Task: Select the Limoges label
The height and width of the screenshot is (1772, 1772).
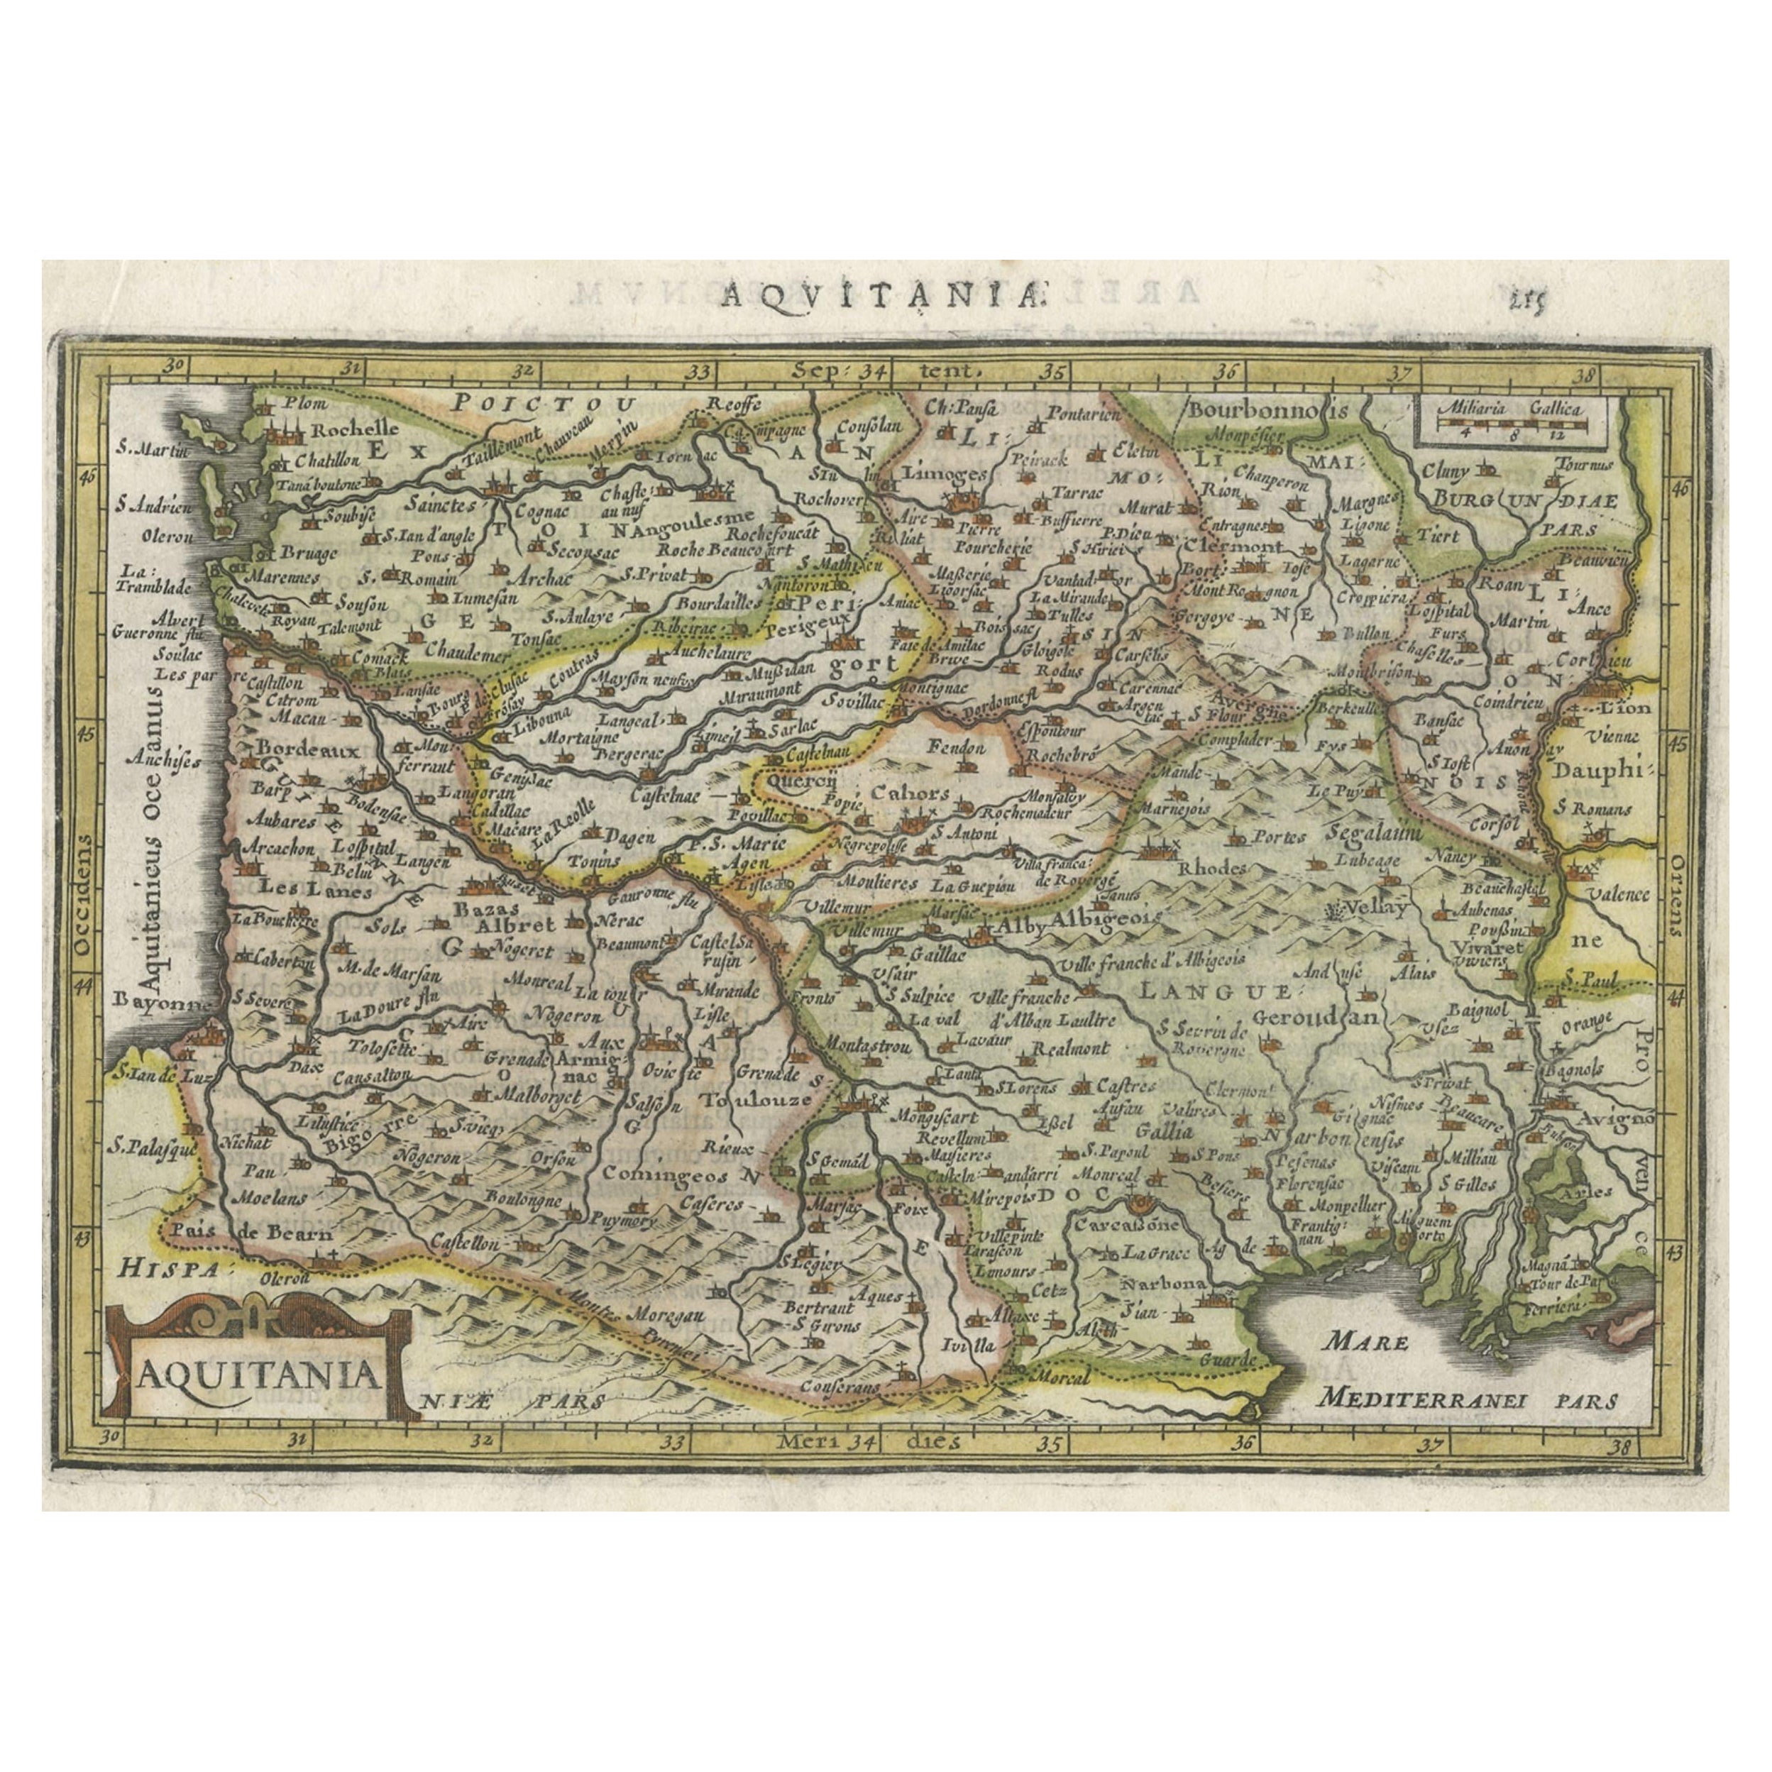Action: click(932, 473)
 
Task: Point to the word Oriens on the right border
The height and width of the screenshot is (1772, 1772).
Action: click(1672, 893)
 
